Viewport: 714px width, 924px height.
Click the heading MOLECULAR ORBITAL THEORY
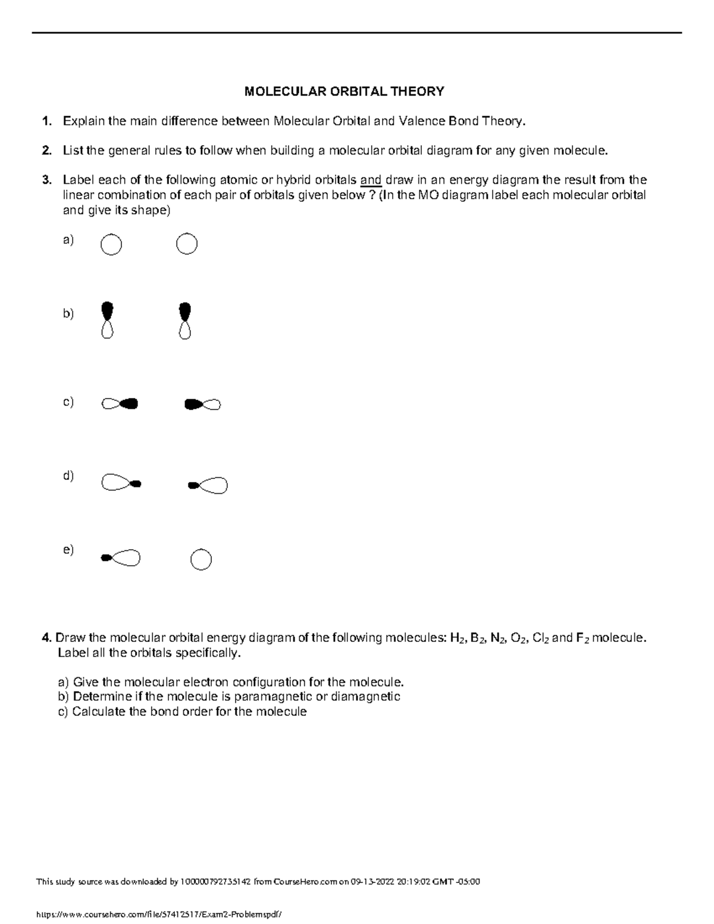click(x=345, y=91)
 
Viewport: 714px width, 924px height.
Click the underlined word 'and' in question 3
click(x=371, y=180)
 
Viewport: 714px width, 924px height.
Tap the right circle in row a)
click(x=187, y=244)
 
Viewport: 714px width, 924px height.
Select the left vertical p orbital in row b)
click(x=107, y=320)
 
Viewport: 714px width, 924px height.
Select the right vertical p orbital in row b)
click(x=184, y=321)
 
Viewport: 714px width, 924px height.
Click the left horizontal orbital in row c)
click(x=120, y=404)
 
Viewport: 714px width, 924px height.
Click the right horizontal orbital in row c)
click(x=202, y=405)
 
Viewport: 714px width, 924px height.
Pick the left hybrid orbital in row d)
click(x=121, y=483)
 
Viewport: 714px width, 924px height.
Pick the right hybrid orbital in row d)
click(x=208, y=486)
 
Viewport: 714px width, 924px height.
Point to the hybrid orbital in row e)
click(x=121, y=557)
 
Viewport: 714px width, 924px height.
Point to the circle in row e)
click(x=201, y=560)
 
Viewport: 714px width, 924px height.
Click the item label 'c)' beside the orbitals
click(x=68, y=402)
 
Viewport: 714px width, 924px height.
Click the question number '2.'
click(x=46, y=151)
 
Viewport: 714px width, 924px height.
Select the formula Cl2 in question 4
click(x=540, y=638)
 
